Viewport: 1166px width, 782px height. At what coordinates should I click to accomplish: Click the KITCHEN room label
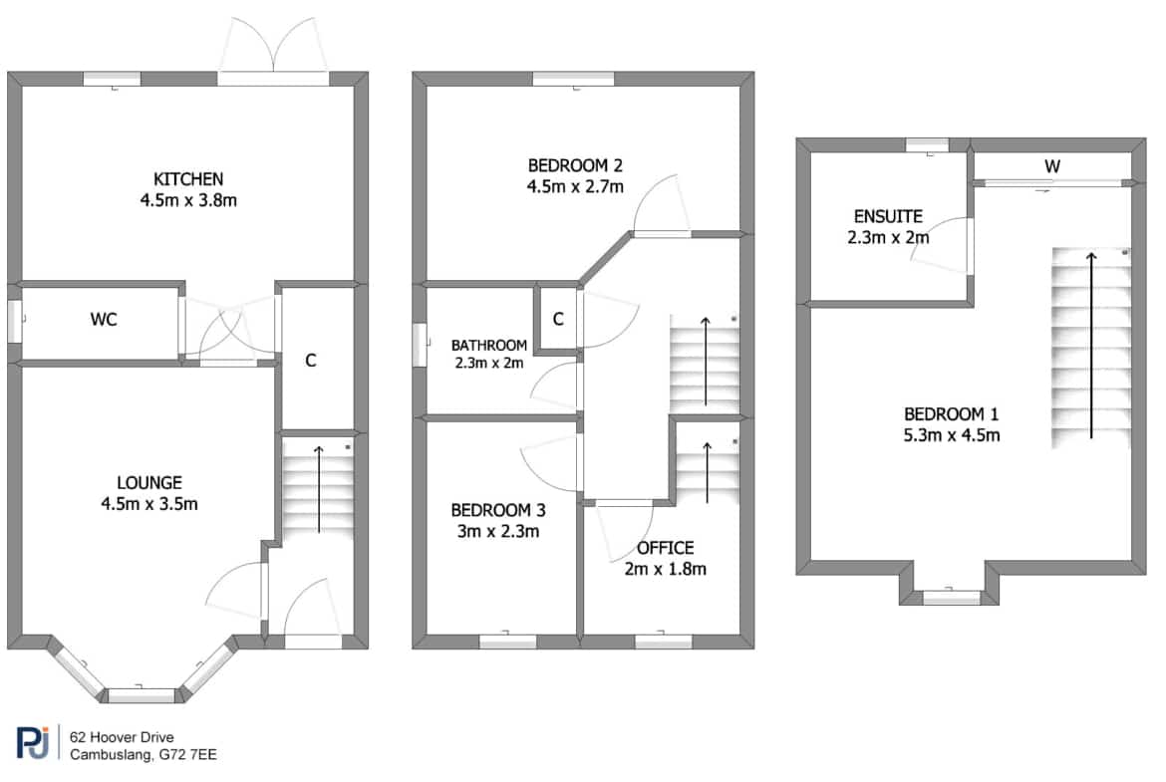pos(188,179)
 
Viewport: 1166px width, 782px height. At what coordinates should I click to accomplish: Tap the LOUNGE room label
pos(149,482)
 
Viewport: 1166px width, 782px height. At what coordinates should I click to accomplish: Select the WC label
pos(104,320)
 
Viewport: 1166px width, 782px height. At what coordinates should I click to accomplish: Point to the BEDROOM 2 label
pos(575,165)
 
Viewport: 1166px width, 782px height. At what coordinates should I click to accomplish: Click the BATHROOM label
pos(489,345)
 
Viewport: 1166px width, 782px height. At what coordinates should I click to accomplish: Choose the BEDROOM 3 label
pos(498,511)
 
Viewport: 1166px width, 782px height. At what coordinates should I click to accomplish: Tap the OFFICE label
pos(666,548)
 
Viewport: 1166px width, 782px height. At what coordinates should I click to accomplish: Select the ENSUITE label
pos(888,217)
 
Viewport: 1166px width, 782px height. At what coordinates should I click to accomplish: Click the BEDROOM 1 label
pos(951,414)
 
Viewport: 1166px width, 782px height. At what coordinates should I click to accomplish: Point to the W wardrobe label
pos(1052,166)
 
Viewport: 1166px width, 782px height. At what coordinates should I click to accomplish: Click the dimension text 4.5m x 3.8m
pos(188,200)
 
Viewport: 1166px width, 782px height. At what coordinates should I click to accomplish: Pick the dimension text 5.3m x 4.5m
pos(951,435)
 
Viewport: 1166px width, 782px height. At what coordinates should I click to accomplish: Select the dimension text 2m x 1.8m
pos(666,569)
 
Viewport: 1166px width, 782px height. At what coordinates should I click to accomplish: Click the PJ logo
pos(34,742)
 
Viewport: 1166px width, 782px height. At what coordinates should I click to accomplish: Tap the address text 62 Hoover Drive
pos(122,737)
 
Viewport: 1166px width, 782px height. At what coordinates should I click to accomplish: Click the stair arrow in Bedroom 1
pos(1091,346)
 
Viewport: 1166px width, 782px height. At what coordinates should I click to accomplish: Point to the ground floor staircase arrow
pos(319,489)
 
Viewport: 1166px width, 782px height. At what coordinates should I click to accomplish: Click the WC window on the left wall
pos(15,321)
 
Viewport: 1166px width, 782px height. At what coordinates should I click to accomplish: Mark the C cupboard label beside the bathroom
pos(558,319)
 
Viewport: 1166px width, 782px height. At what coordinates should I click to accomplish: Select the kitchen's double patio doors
pos(274,51)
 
